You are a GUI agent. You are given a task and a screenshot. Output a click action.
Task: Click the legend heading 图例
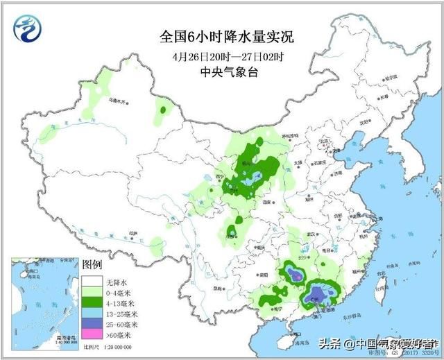[92, 265]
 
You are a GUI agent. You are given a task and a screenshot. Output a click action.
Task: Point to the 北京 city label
[321, 141]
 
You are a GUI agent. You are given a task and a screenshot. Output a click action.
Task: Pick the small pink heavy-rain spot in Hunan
[296, 277]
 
